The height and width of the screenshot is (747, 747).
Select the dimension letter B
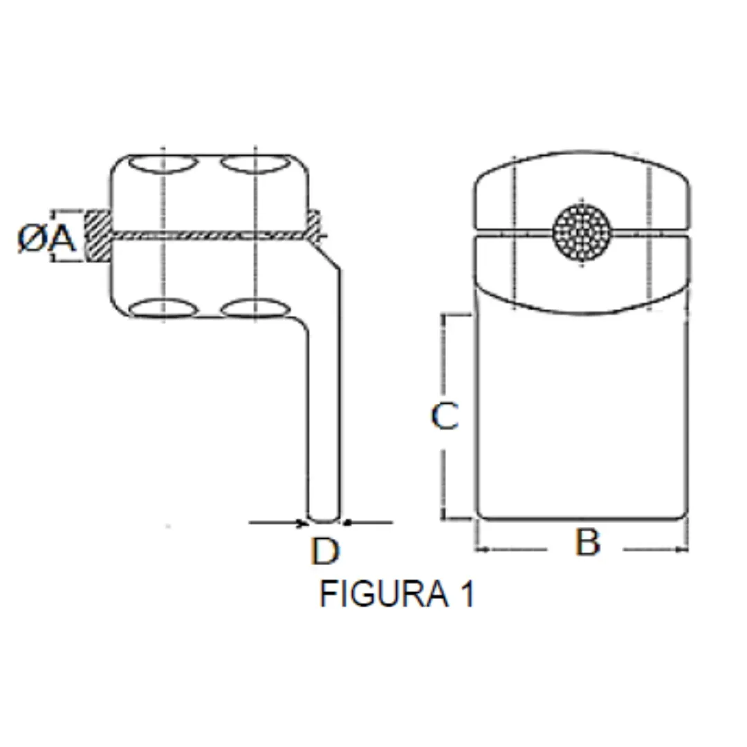pos(587,544)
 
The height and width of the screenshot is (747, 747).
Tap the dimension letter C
pos(444,417)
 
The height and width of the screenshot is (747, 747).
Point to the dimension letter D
pos(324,552)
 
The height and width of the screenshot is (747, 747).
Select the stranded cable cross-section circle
pos(582,230)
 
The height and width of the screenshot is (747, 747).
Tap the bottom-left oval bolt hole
pos(163,308)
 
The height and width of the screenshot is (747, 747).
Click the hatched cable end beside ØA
pos(98,236)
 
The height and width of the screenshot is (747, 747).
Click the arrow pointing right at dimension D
pos(300,523)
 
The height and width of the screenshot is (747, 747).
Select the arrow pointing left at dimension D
pos(348,523)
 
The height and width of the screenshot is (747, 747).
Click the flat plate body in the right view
pos(581,415)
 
